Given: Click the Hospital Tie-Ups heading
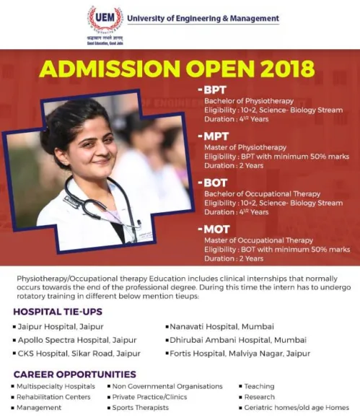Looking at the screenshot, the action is click(x=58, y=312).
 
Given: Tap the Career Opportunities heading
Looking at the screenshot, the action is click(x=74, y=374).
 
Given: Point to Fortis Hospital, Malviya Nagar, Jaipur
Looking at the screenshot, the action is click(x=241, y=353).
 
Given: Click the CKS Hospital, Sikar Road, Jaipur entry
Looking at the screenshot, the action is click(x=79, y=353).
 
